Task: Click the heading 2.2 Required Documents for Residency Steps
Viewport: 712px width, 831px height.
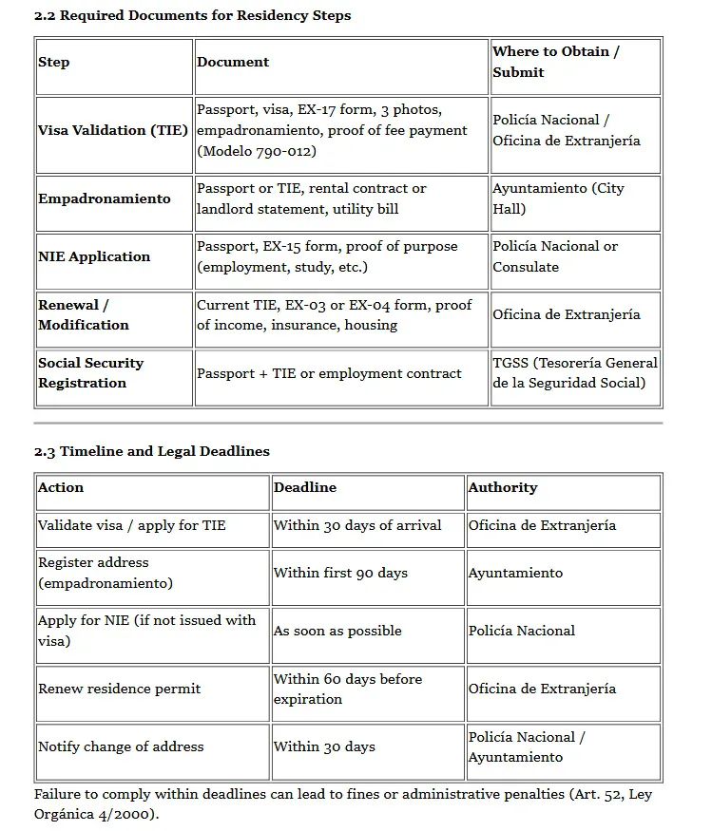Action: (192, 15)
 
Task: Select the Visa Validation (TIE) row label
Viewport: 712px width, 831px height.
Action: (113, 130)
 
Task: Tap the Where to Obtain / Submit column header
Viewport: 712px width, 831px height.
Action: (556, 62)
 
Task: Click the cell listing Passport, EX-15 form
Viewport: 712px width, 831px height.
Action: (327, 256)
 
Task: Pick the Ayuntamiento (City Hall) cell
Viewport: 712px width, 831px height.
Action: (558, 198)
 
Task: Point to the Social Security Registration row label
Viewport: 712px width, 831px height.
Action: (91, 373)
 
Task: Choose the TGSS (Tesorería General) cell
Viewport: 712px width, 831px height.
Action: (575, 373)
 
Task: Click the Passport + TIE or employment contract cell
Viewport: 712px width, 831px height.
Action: (329, 373)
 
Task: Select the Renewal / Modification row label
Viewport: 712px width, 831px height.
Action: (84, 315)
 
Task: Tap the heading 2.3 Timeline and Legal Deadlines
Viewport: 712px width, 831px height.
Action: (152, 451)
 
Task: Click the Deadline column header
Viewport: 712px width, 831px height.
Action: (305, 487)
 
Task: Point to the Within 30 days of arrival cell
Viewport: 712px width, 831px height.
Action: (357, 525)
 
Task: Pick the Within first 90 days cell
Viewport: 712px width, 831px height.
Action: (340, 573)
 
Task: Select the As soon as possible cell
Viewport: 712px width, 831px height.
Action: (337, 631)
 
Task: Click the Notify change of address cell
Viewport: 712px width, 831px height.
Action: (121, 746)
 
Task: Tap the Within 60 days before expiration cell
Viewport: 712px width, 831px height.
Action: (348, 689)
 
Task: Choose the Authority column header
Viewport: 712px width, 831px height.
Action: (503, 487)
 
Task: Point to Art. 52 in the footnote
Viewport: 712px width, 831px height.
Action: (606, 795)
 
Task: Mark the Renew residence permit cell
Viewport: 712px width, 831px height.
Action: (119, 689)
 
